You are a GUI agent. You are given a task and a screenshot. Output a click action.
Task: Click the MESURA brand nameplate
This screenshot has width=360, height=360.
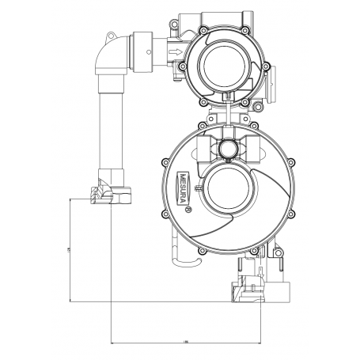click(x=184, y=188)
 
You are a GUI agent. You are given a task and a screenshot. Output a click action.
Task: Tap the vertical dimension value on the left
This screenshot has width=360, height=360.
click(x=68, y=251)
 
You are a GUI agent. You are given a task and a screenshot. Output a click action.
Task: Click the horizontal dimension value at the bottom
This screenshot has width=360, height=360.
click(x=185, y=341)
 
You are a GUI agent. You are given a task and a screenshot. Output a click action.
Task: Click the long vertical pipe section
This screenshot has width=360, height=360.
click(x=110, y=127)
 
